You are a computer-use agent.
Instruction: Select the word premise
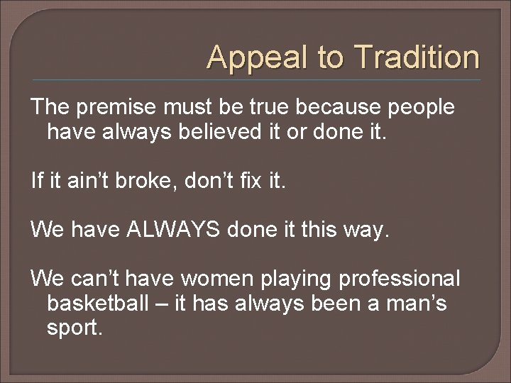tap(120, 108)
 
